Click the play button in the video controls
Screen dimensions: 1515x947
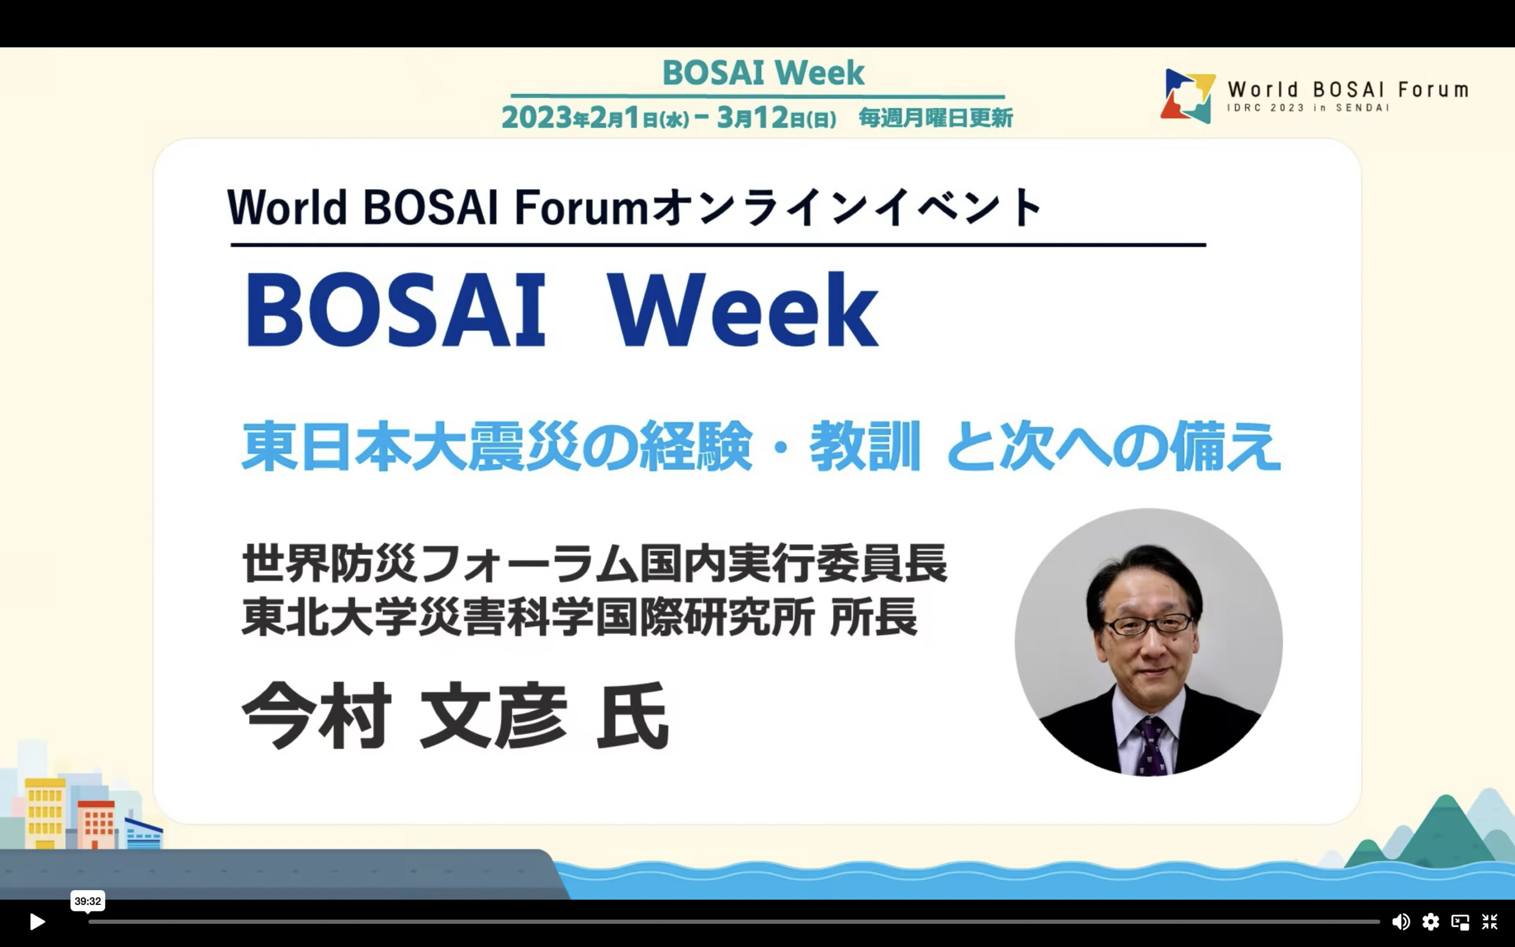(37, 922)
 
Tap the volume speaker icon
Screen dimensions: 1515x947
(1400, 922)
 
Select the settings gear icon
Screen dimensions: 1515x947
(1430, 922)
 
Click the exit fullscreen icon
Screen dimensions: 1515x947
(1490, 922)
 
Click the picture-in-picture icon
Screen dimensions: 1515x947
(1460, 922)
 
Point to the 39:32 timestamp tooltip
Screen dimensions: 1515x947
(88, 901)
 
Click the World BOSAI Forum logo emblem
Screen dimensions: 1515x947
(1188, 96)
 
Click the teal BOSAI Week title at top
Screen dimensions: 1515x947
(763, 73)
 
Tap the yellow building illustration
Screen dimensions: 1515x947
(45, 814)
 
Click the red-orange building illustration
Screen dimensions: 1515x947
(96, 824)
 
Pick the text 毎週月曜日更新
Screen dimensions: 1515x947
(935, 117)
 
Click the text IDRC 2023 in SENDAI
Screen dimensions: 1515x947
(1308, 108)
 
